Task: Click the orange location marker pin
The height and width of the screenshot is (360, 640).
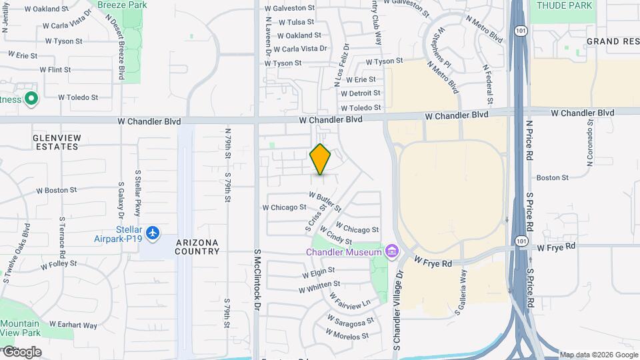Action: (x=321, y=159)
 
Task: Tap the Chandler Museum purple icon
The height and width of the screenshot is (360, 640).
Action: (x=391, y=251)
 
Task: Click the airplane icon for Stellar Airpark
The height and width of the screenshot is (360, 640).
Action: (x=154, y=233)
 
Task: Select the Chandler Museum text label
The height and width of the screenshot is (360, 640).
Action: (x=344, y=251)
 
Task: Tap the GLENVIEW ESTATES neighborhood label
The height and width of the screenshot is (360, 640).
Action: (x=57, y=141)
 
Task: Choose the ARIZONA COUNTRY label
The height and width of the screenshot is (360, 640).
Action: (x=197, y=247)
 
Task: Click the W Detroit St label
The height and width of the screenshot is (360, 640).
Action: (x=360, y=93)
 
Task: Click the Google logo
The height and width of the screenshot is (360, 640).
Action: (x=21, y=352)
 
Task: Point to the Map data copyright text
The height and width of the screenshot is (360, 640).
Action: (x=598, y=355)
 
